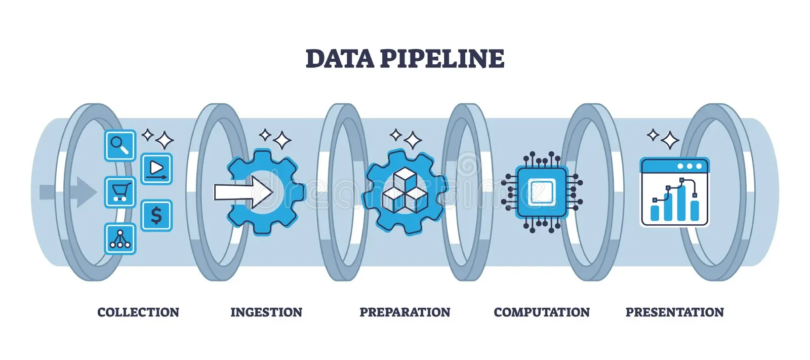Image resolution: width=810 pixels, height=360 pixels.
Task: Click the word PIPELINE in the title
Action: coord(442,59)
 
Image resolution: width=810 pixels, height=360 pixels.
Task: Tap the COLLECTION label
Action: coord(138,312)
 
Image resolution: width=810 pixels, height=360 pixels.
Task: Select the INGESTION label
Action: coord(266,312)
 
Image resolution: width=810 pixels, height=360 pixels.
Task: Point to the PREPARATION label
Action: coord(405,312)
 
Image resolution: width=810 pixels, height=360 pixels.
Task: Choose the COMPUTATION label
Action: coord(542,312)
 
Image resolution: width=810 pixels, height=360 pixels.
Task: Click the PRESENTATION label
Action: coord(675,312)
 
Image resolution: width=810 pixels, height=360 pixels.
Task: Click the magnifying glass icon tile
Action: coord(120,145)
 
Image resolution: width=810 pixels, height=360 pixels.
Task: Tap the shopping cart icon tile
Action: coord(120,192)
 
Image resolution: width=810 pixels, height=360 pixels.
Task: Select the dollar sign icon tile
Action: coord(156,216)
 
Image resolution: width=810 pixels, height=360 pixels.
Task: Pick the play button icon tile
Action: coord(156,169)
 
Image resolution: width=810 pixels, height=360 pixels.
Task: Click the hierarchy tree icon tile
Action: coord(120,238)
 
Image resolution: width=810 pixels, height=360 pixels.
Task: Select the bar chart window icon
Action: coord(675,192)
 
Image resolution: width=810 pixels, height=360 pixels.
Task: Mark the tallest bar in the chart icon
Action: coord(681,204)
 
